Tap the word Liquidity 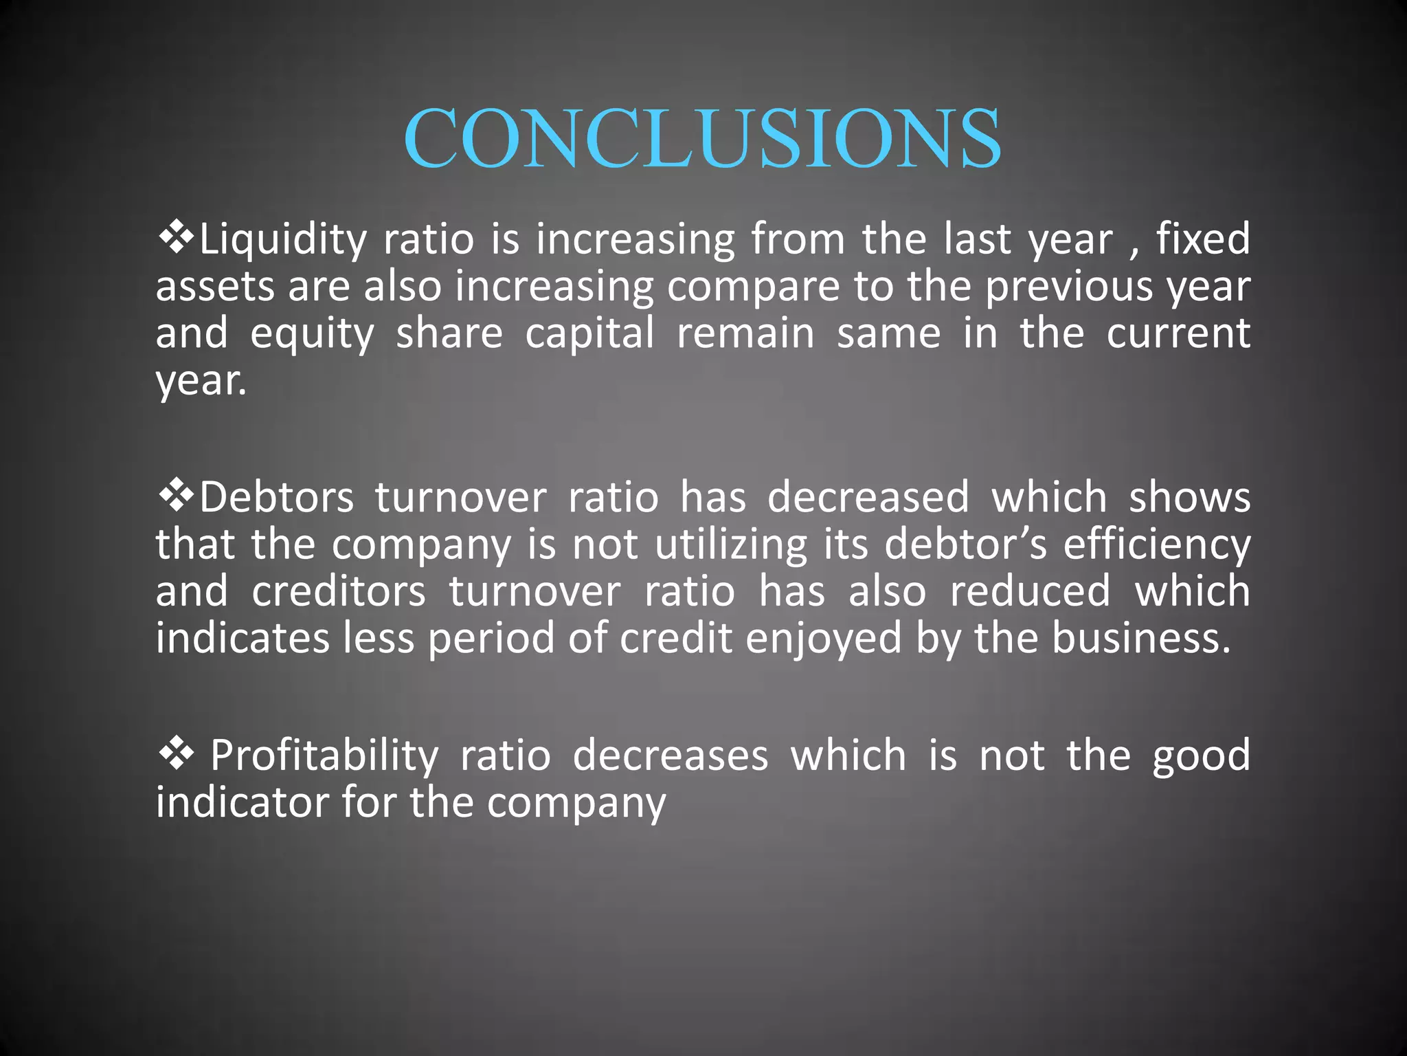click(x=283, y=240)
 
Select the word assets click(x=215, y=287)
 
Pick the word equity click(x=312, y=335)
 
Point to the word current click(x=1178, y=334)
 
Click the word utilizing click(x=731, y=546)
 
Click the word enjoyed click(x=823, y=639)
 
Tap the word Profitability click(x=324, y=756)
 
